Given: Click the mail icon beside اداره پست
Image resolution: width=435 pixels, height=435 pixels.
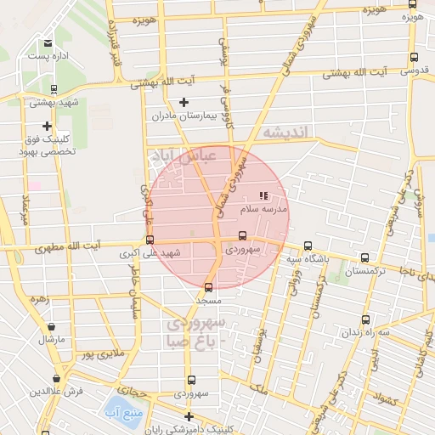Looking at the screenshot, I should (48, 42).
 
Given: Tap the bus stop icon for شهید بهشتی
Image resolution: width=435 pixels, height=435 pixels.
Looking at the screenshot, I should (54, 88).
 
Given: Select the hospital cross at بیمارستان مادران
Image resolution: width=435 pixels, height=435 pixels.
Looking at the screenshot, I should (184, 103).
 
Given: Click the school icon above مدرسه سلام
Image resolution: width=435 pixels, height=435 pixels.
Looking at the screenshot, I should (262, 195).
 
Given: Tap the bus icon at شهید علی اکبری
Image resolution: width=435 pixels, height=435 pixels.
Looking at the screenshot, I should (150, 240).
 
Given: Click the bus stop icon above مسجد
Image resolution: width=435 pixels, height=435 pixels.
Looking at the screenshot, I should (209, 287).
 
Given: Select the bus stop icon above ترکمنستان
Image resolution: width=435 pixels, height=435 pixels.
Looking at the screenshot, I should (365, 257).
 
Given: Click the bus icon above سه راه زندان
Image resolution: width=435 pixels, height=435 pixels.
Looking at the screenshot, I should (366, 320).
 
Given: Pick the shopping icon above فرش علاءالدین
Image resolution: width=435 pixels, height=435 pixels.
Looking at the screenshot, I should (56, 379).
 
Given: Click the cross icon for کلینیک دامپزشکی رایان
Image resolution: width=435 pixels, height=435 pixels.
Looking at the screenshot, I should (189, 416).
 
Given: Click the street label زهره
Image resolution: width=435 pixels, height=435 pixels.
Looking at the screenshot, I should (38, 300).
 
